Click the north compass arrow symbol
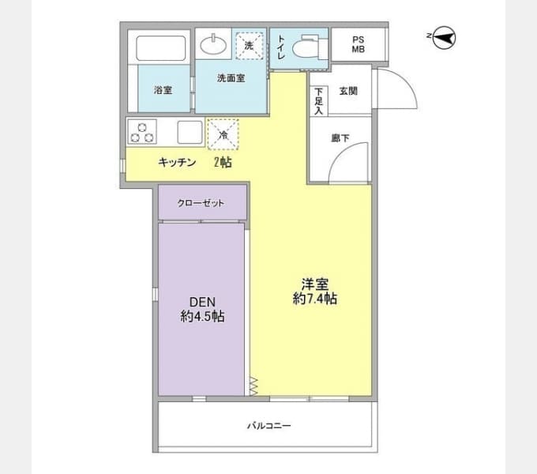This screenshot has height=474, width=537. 444,38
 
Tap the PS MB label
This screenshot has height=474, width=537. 359,44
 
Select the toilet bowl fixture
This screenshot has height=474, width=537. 306,47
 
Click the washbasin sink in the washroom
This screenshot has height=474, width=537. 213,44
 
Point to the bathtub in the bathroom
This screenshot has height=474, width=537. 161,48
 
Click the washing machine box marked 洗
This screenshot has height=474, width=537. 250,46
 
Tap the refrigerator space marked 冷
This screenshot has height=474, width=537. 223,134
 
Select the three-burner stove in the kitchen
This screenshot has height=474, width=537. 142,131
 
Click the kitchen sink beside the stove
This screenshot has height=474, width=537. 190,132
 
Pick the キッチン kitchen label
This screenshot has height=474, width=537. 177,162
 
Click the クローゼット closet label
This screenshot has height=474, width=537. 201,203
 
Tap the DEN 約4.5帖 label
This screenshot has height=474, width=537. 202,309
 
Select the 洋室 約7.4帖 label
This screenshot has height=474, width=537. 315,292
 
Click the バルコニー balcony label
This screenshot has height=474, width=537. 269,426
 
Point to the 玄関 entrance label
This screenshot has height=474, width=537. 348,91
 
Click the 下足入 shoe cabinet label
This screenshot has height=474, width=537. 319,101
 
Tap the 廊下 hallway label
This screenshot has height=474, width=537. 340,137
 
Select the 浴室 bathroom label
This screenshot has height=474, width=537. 163,90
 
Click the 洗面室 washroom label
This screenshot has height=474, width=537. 231,78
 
